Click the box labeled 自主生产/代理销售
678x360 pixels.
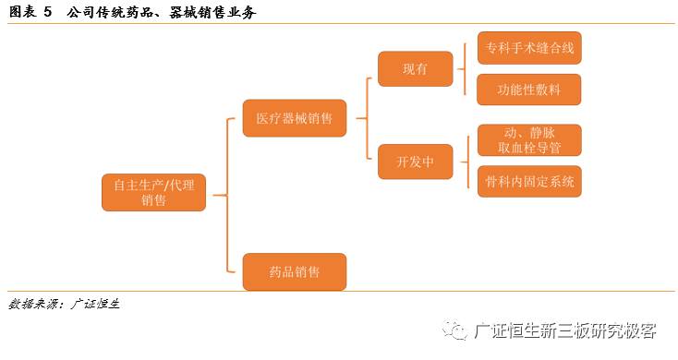[x=153, y=192]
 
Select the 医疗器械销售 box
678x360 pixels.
[x=295, y=118]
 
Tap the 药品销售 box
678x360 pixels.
[x=295, y=272]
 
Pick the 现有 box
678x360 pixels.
[x=415, y=69]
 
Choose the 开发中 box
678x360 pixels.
[x=415, y=162]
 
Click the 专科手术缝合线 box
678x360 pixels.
[x=529, y=47]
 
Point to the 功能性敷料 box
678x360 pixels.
[x=529, y=90]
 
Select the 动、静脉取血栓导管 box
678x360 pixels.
[x=529, y=140]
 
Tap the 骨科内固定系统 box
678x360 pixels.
[x=529, y=182]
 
